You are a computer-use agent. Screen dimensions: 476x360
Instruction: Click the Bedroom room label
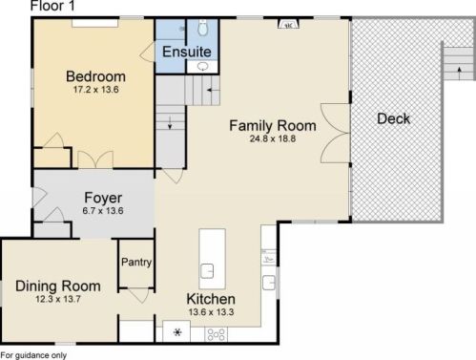(95, 76)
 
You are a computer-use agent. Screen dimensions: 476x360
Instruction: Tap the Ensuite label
(187, 52)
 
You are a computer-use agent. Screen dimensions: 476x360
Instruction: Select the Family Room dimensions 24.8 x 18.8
(273, 138)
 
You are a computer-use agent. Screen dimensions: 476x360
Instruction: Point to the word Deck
(393, 118)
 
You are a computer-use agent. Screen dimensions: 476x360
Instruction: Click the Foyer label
(103, 198)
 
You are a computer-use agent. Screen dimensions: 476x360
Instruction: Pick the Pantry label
(136, 263)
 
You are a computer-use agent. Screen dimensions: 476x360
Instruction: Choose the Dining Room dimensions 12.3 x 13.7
(58, 299)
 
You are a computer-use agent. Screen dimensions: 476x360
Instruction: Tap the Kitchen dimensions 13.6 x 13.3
(211, 312)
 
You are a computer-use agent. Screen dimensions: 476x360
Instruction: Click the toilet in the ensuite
(202, 27)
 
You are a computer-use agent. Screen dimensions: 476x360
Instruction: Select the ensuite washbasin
(202, 67)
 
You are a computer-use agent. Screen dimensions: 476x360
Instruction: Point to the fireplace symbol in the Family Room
(288, 24)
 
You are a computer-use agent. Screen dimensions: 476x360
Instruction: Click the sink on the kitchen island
(207, 271)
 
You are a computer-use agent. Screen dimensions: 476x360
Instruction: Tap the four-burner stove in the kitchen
(216, 334)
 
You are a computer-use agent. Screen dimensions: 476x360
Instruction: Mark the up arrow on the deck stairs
(459, 74)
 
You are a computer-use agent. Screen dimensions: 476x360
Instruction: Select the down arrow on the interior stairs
(170, 123)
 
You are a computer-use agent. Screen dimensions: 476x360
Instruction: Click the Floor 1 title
(52, 6)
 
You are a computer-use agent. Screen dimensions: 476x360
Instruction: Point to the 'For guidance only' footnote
(33, 355)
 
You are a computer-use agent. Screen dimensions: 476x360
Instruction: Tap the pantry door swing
(139, 295)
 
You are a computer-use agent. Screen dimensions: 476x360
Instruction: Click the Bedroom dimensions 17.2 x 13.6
(95, 90)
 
